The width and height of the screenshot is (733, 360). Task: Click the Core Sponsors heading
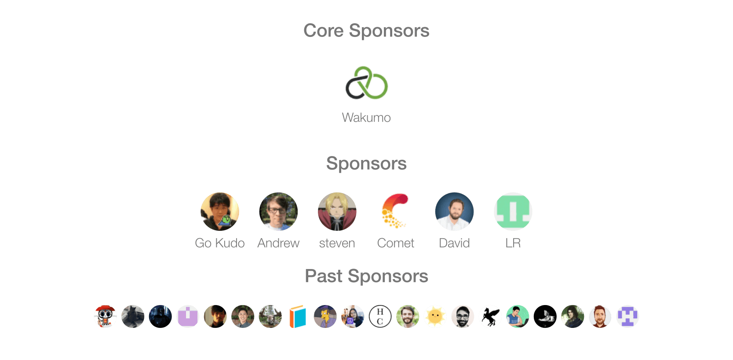click(x=366, y=31)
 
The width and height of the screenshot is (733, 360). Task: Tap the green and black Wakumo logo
click(x=366, y=83)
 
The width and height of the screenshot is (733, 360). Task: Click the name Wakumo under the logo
click(x=366, y=118)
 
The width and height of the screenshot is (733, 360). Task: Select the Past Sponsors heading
click(x=366, y=276)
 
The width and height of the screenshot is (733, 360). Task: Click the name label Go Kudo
click(x=219, y=243)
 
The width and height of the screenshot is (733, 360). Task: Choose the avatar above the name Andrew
click(x=278, y=211)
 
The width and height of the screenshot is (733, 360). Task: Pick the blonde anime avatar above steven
click(x=337, y=211)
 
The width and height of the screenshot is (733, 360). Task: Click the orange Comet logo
click(x=396, y=211)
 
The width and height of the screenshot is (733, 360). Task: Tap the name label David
click(x=454, y=243)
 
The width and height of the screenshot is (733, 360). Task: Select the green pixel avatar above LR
click(x=513, y=211)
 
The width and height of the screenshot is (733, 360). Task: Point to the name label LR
click(x=513, y=243)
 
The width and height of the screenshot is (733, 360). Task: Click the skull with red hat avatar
click(x=106, y=316)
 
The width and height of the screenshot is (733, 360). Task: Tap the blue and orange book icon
click(x=298, y=316)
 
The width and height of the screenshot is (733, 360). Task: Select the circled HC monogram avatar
click(x=380, y=316)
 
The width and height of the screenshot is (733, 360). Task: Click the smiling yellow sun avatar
click(x=435, y=316)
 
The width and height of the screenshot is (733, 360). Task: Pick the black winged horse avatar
click(x=490, y=316)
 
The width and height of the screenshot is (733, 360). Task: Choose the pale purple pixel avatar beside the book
click(x=188, y=316)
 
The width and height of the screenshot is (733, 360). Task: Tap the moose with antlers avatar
click(x=270, y=316)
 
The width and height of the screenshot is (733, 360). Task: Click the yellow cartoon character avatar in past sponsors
click(x=325, y=316)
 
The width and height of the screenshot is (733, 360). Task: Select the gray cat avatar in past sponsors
click(x=133, y=316)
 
